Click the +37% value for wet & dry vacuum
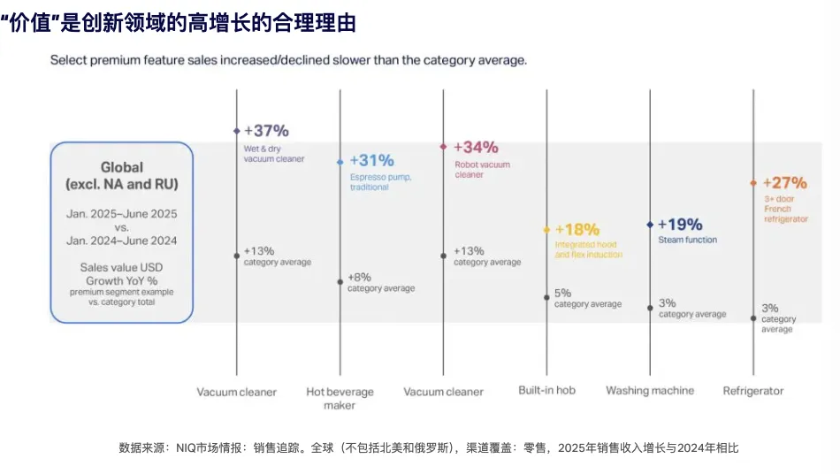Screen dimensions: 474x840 point(266,131)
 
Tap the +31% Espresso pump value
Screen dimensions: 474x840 point(371,161)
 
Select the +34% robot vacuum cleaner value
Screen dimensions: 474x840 point(476,147)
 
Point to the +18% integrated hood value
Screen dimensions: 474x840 point(577,230)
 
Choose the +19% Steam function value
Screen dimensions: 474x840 point(680,225)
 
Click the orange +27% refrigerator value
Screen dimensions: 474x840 point(784,183)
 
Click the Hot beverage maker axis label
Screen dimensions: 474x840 point(340,398)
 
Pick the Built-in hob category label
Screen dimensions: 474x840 point(546,390)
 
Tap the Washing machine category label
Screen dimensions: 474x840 point(650,390)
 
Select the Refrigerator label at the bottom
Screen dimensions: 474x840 point(753,391)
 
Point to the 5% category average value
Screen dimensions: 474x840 point(563,293)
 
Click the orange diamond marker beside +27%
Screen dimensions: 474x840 point(753,183)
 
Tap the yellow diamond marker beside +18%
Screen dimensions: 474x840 point(547,230)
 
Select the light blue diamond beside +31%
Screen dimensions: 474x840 point(340,162)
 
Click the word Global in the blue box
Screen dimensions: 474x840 point(122,167)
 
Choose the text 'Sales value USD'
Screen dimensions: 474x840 point(122,267)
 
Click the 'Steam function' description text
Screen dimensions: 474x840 point(687,240)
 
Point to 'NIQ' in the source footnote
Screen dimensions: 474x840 point(187,447)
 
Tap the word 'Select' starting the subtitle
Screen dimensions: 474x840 point(69,60)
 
